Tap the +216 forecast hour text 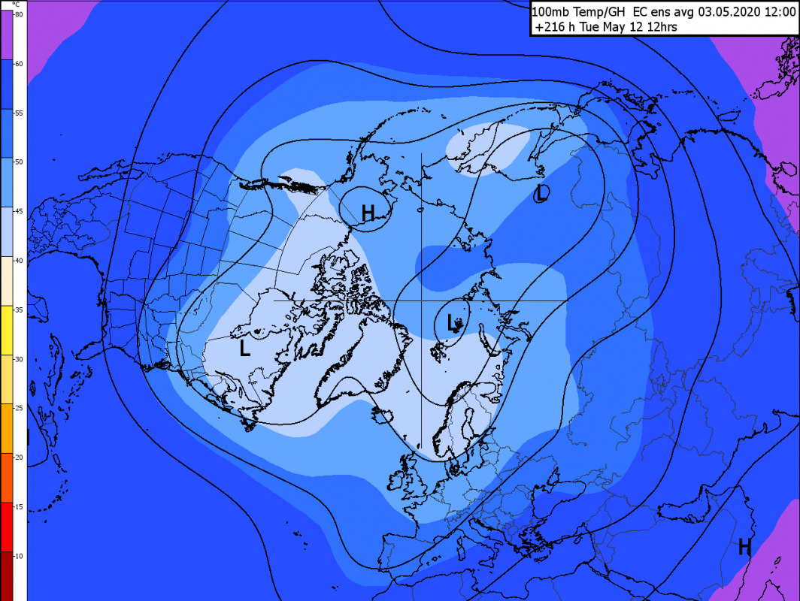coord(551,27)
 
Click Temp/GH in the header coord(599,11)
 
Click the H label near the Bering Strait coord(368,213)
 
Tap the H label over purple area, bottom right coord(744,546)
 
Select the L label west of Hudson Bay coord(244,349)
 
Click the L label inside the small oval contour coord(453,324)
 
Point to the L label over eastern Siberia coord(541,193)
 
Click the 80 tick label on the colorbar coord(18,14)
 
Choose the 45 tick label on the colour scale coord(18,211)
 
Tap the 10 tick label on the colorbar coord(18,555)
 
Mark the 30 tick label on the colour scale coord(18,358)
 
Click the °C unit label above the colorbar coord(15,5)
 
